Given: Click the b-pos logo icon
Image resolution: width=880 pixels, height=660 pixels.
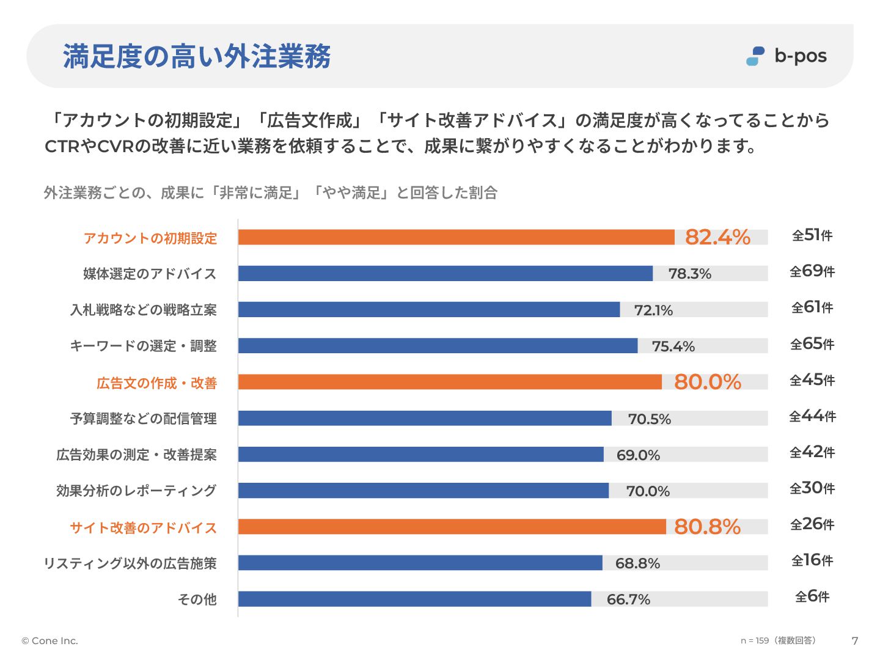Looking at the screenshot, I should click(755, 56).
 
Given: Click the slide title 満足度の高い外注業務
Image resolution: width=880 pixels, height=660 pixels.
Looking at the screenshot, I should click(197, 56).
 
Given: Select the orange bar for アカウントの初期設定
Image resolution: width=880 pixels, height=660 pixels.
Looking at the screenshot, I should click(456, 237).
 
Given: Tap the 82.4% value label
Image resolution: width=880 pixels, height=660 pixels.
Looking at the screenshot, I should click(717, 237).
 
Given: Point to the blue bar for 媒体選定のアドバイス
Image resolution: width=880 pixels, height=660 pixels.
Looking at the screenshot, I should click(445, 273).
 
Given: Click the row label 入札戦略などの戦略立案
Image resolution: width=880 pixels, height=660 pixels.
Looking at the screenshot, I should click(144, 310).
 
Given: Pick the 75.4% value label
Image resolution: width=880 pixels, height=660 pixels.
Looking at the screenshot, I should click(673, 346).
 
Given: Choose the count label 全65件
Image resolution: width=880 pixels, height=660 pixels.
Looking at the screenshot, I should click(812, 344).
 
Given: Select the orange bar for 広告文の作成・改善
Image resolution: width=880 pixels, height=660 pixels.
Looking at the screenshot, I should click(450, 382).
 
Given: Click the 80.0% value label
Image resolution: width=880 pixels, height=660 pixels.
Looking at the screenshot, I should click(707, 382).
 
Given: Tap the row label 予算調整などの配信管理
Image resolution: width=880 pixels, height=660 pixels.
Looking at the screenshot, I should click(144, 419).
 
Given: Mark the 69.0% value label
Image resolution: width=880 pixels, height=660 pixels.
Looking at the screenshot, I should click(638, 455).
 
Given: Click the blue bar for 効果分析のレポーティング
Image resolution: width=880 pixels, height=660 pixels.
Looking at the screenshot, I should click(423, 490).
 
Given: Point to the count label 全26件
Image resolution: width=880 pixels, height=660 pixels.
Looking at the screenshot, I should click(812, 524).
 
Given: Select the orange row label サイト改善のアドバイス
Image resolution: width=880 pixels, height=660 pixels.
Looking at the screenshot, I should click(144, 528).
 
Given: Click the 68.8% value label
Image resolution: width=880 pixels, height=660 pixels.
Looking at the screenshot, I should click(637, 563).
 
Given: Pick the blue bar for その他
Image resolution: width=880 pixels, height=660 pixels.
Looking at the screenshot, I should click(414, 599).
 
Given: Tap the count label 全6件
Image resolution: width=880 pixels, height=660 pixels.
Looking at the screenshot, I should click(812, 596).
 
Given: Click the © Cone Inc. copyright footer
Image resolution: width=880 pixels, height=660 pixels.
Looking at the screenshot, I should click(50, 640).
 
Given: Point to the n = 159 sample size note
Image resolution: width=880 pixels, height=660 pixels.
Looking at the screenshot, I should click(778, 640).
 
